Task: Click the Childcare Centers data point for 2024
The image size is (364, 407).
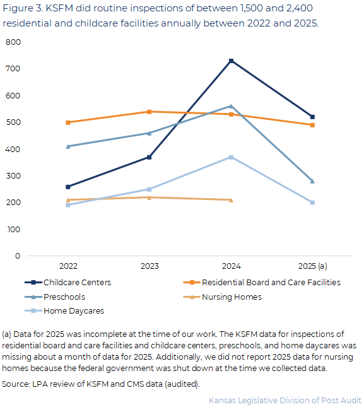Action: tap(231, 61)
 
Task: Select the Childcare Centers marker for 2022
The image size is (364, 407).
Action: tap(68, 187)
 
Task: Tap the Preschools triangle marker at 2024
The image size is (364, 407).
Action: tap(231, 106)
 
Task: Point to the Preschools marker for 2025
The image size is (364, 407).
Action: tap(312, 181)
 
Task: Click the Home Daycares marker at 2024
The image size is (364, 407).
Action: tap(231, 157)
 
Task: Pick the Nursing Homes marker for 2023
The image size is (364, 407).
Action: tap(149, 198)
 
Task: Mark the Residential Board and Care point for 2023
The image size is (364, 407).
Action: tap(149, 112)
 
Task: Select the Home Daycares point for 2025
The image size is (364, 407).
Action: tap(312, 203)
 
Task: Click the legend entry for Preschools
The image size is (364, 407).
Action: tap(55, 297)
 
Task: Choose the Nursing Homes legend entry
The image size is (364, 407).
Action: tap(222, 297)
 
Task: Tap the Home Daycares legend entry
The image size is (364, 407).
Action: tap(64, 310)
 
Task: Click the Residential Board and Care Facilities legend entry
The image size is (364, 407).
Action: tap(262, 282)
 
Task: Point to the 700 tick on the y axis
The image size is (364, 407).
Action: tap(13, 69)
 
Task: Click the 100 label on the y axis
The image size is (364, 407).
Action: tap(13, 230)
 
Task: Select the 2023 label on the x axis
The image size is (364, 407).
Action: tap(150, 266)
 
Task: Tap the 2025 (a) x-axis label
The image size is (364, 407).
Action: tap(313, 266)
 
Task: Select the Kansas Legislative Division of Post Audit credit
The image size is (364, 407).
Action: tap(285, 400)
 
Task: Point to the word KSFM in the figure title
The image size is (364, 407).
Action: tap(59, 8)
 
